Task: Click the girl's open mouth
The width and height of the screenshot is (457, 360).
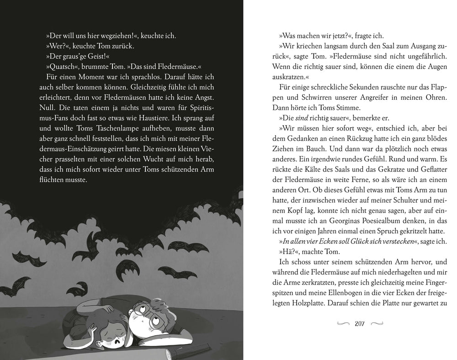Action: pos(121,340)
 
